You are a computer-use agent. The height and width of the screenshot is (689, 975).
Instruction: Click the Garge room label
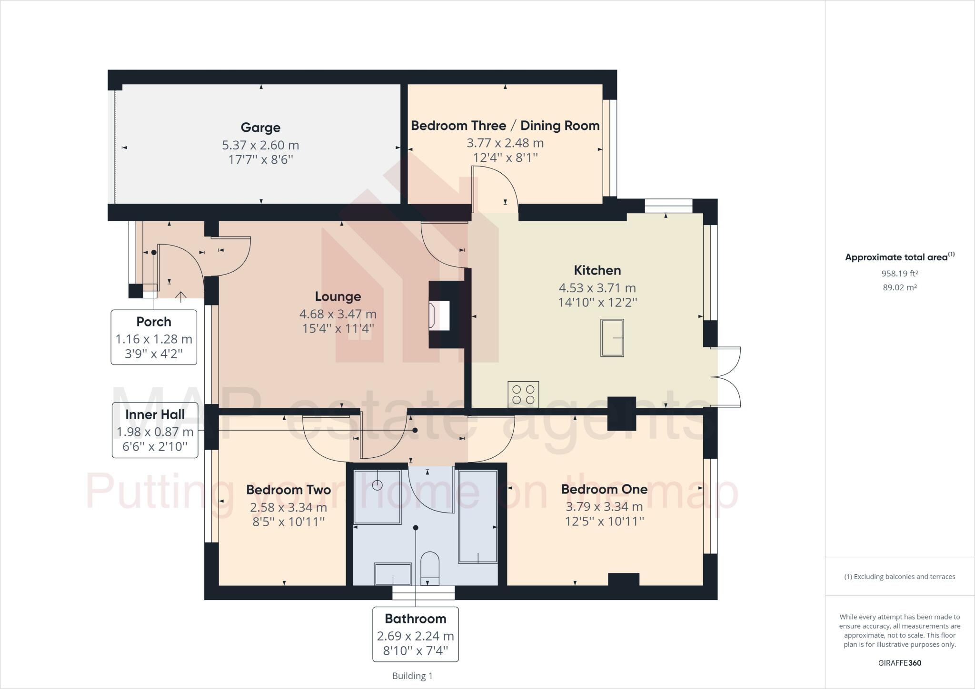click(260, 128)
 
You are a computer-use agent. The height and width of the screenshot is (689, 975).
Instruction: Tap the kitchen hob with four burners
click(523, 394)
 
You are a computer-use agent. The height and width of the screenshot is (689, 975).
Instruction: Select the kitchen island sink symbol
click(612, 338)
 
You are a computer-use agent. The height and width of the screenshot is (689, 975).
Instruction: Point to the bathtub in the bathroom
click(478, 516)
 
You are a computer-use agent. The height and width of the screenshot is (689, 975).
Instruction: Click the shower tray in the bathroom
click(378, 497)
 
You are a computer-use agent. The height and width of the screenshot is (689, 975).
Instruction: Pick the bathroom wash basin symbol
click(393, 574)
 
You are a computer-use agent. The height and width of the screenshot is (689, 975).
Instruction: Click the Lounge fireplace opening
click(439, 315)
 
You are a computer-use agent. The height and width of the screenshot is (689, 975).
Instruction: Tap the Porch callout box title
click(154, 322)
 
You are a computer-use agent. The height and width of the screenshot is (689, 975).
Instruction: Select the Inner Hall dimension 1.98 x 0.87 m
click(155, 432)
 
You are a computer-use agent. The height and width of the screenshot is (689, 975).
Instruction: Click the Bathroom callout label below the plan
click(416, 619)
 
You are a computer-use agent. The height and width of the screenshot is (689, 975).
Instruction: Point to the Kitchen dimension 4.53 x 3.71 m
click(597, 288)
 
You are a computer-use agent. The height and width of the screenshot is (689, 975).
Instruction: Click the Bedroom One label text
click(604, 489)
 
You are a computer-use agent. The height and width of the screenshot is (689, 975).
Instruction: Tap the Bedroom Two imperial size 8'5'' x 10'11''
click(289, 522)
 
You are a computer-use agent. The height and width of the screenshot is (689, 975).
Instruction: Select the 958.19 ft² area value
click(899, 274)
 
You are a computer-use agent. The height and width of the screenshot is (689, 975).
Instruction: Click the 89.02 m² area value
click(899, 287)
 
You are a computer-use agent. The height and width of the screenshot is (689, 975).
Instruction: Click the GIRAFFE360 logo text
click(899, 663)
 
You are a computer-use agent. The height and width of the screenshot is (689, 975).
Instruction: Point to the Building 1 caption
click(412, 676)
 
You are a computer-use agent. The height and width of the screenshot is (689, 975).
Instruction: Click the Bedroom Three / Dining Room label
click(505, 126)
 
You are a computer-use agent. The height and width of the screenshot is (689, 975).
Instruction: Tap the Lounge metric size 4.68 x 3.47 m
click(338, 314)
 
